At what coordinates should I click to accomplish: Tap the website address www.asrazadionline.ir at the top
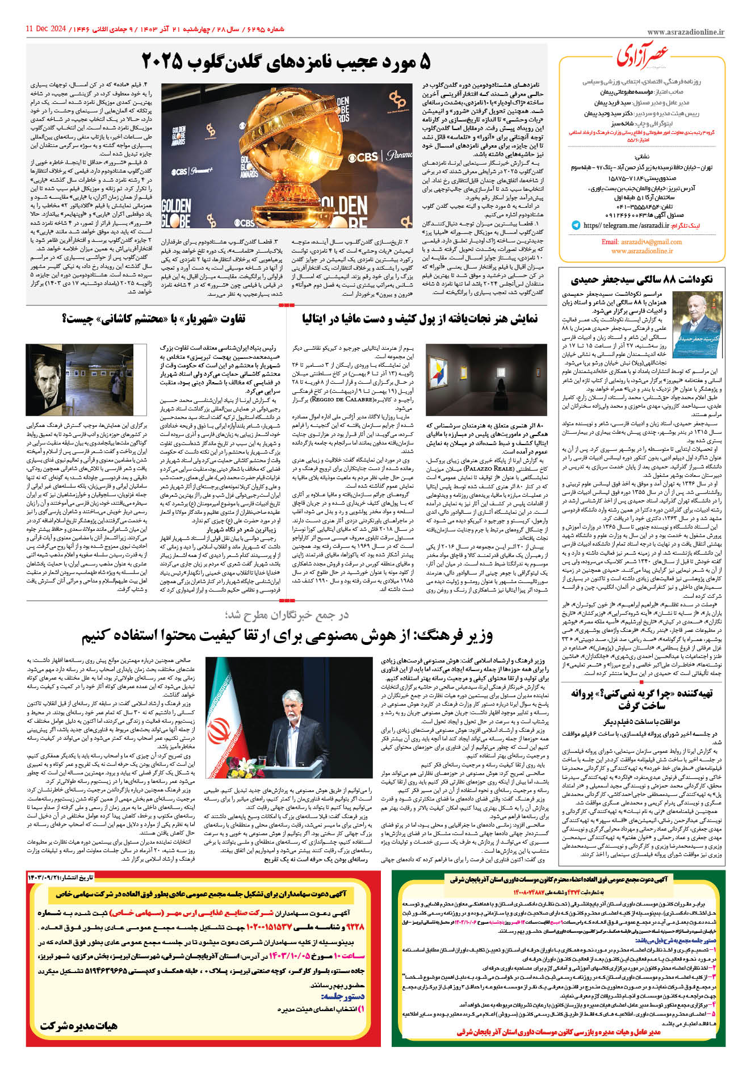pos(685,32)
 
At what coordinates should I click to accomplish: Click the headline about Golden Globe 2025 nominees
pos(286,61)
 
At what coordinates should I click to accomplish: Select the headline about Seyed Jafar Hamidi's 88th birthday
pos(641,280)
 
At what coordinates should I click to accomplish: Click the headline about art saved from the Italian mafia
pos(420,319)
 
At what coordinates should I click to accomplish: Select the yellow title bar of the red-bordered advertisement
pos(202,894)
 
